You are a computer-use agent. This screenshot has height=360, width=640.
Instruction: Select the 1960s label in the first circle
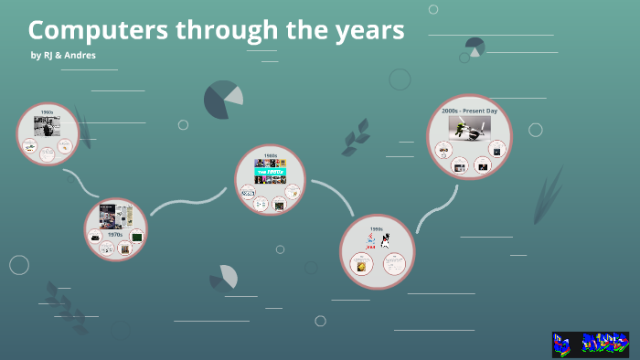(x=47, y=111)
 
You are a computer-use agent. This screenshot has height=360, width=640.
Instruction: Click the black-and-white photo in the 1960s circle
(x=47, y=126)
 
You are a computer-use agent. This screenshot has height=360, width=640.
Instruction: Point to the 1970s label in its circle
(x=115, y=235)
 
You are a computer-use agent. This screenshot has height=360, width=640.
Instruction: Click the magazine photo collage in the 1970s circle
(x=116, y=217)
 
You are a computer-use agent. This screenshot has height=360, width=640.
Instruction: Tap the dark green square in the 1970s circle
(x=137, y=237)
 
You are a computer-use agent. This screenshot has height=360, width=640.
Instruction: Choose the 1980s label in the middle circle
(x=270, y=156)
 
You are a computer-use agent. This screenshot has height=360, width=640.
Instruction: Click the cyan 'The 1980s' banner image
(x=270, y=170)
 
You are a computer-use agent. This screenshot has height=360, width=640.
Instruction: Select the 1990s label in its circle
(x=377, y=229)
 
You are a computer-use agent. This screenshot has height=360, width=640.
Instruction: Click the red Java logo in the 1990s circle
(x=370, y=242)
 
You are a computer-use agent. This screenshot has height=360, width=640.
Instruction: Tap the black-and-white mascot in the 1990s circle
(x=386, y=241)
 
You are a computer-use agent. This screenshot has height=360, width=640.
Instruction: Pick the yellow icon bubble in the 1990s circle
(x=363, y=266)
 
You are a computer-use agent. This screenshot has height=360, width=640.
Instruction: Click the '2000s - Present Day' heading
(x=469, y=111)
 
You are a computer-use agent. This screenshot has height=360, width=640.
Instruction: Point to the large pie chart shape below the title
(x=222, y=100)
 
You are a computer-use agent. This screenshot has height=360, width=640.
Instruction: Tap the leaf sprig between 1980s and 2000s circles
(x=355, y=137)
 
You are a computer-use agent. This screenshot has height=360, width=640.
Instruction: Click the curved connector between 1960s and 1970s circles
(x=80, y=184)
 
